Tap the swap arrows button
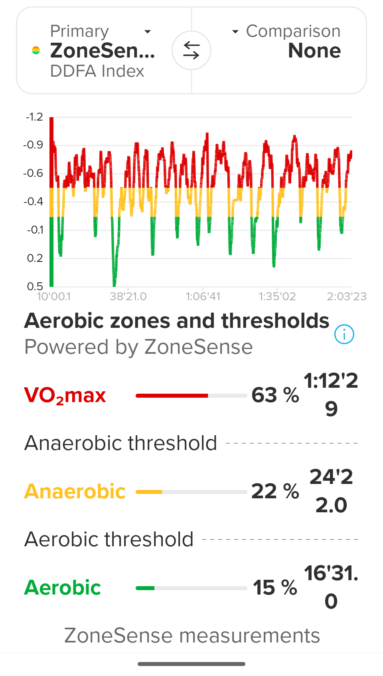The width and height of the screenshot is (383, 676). tap(191, 51)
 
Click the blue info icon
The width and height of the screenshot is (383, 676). tap(344, 334)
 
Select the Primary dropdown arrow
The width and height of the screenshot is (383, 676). tap(148, 32)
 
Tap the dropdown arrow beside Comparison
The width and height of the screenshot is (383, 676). tap(235, 32)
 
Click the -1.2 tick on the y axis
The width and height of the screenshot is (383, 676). tap(34, 117)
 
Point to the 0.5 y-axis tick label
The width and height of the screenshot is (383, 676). tap(35, 286)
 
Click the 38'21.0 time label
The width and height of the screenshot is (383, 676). tap(128, 297)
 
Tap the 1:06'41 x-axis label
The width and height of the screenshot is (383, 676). tap(203, 297)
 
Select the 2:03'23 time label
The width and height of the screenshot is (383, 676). tap(346, 297)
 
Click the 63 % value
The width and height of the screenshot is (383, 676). tap(275, 395)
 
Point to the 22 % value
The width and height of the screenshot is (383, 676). tap(275, 492)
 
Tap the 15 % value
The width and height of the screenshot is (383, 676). tap(275, 588)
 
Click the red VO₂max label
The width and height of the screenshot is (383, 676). tap(65, 395)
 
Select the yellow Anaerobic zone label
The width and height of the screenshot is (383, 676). tap(75, 492)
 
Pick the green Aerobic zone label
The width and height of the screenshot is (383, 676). tap(63, 588)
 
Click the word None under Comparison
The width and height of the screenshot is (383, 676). tap(314, 51)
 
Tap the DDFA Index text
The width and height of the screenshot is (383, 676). tap(97, 71)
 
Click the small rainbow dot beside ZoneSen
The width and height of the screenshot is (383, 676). tap(36, 50)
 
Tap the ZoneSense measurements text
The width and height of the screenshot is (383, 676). tap(192, 635)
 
